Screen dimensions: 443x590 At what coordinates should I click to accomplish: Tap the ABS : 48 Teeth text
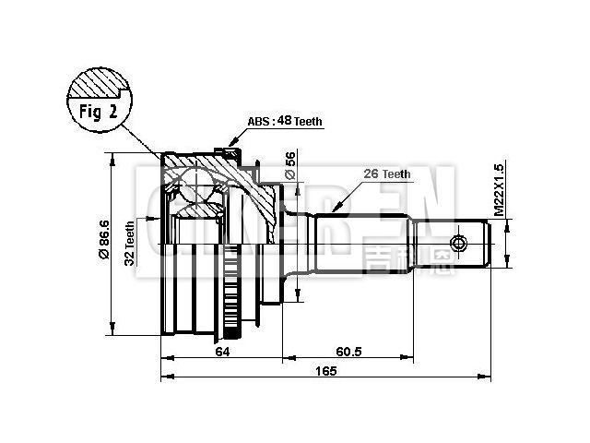[287, 122]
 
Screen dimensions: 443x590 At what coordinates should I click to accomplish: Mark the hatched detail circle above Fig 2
[97, 88]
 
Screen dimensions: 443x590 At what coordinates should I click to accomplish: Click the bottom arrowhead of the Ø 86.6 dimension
[112, 333]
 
